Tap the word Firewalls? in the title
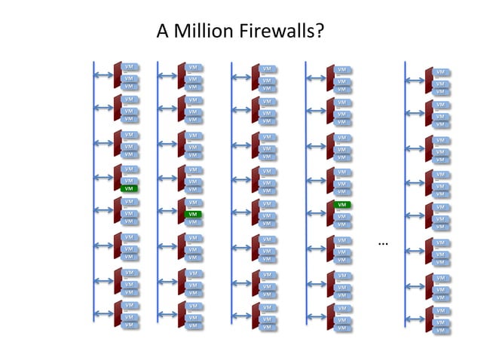pos(277,32)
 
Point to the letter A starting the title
pos(162,32)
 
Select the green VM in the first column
pos(129,188)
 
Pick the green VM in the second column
pos(193,214)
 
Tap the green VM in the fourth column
pos(342,204)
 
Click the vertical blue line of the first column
pos(93,188)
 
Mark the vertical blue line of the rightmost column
pos(406,188)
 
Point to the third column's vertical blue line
pos(231,188)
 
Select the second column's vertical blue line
pos(158,188)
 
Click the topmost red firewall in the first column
pos(118,75)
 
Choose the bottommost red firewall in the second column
pos(182,316)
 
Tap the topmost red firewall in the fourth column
pos(330,78)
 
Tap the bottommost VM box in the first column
pos(129,325)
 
